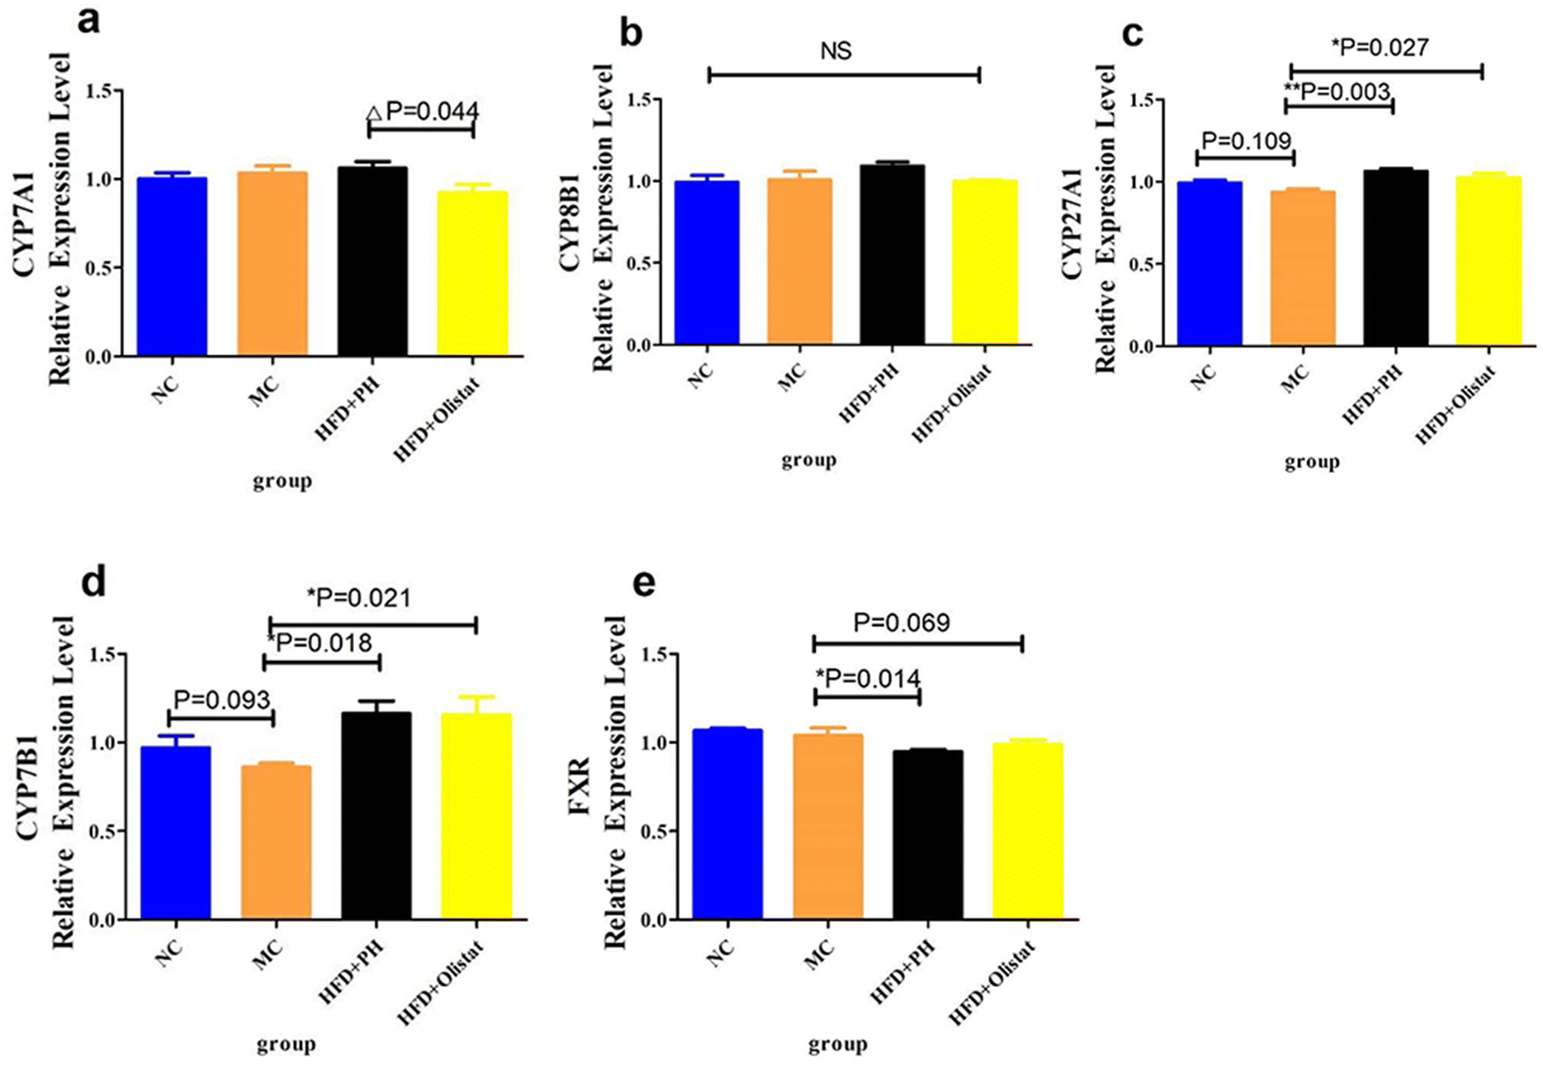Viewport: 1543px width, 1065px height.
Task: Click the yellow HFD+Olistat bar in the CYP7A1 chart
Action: [x=472, y=273]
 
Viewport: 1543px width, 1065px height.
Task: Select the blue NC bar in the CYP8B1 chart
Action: [x=706, y=262]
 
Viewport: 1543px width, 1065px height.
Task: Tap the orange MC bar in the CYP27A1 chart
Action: [x=1302, y=268]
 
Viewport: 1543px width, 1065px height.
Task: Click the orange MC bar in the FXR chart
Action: [x=828, y=827]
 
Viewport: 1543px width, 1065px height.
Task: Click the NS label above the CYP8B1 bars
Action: [x=836, y=51]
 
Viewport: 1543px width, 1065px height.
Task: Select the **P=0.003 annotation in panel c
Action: [x=1336, y=91]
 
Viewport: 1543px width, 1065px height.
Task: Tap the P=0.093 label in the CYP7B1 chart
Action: [x=222, y=700]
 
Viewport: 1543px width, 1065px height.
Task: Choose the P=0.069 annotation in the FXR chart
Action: [x=902, y=623]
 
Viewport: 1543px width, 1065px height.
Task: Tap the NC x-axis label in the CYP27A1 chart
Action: [x=1204, y=376]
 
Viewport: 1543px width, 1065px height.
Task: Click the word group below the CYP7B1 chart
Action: [x=286, y=1044]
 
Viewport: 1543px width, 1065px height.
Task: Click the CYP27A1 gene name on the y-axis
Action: [x=1072, y=223]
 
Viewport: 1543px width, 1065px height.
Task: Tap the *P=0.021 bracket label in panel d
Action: [x=358, y=598]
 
